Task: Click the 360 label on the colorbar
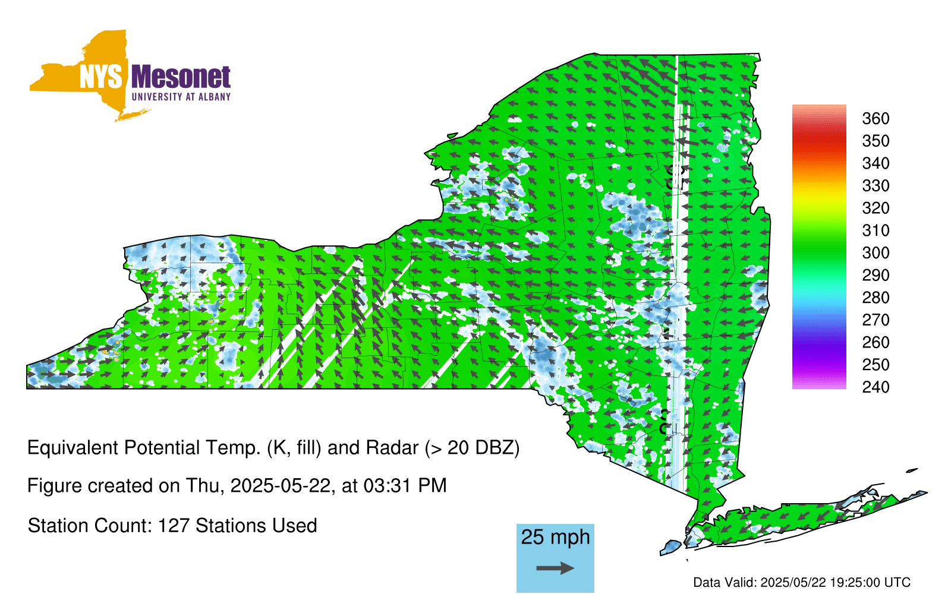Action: pos(876,118)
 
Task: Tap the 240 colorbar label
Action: pos(876,387)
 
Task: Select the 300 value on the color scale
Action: pos(876,253)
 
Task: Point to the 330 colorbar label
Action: pos(876,186)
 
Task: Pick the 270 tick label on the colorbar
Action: pos(876,320)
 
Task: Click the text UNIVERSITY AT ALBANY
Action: pos(181,97)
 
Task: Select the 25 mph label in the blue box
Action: pos(555,537)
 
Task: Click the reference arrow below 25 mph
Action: pos(555,568)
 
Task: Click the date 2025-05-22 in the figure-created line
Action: pos(280,486)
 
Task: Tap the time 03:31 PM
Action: pos(405,486)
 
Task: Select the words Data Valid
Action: pos(725,583)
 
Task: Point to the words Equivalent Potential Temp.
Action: pos(144,448)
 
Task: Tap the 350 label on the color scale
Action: pos(876,141)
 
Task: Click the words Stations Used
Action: pos(256,526)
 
